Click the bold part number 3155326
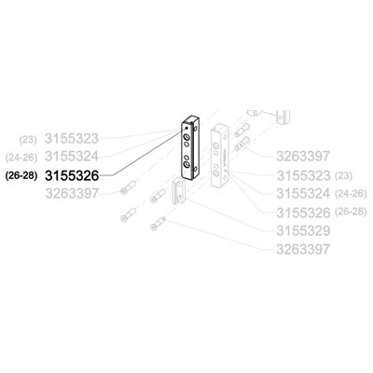pyautogui.click(x=72, y=176)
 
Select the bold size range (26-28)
pyautogui.click(x=21, y=176)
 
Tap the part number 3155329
pyautogui.click(x=303, y=231)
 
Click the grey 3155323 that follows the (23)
pyautogui.click(x=72, y=139)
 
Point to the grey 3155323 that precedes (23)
pyautogui.click(x=303, y=176)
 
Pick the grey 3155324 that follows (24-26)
pyautogui.click(x=72, y=156)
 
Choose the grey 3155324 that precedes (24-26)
pyautogui.click(x=303, y=194)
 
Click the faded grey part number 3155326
pyautogui.click(x=303, y=213)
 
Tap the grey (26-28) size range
pyautogui.click(x=351, y=212)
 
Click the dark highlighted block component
pyautogui.click(x=190, y=147)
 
